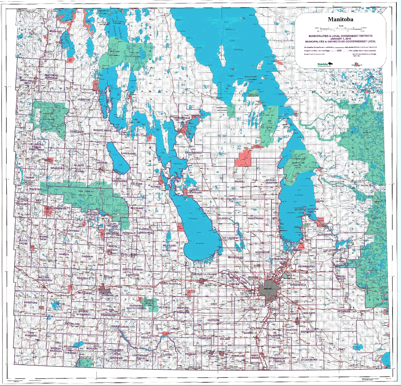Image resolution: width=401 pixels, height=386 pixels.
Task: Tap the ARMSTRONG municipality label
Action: point(255,219)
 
